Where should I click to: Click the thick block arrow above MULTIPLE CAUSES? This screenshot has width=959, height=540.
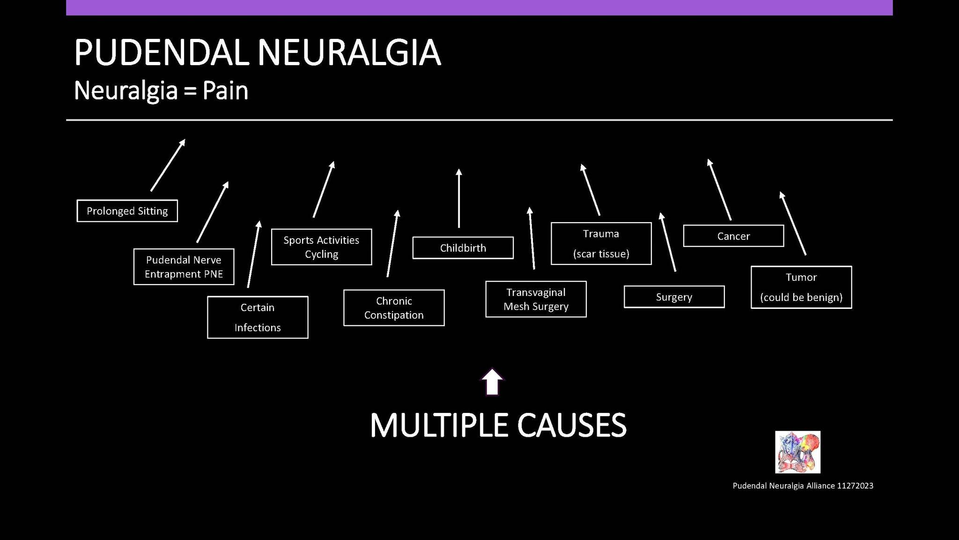point(492,382)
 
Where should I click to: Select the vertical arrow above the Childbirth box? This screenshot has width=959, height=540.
point(459,198)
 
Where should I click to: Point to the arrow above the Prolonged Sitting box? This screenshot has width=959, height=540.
point(168,165)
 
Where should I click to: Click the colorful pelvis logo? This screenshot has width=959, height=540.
point(798,452)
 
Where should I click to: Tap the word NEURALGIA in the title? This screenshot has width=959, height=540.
point(349,52)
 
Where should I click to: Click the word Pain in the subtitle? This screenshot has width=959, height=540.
point(225,90)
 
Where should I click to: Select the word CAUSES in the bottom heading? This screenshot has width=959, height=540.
point(572,425)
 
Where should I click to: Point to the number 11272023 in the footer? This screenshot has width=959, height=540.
point(855,486)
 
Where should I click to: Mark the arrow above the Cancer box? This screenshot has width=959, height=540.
point(719,189)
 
